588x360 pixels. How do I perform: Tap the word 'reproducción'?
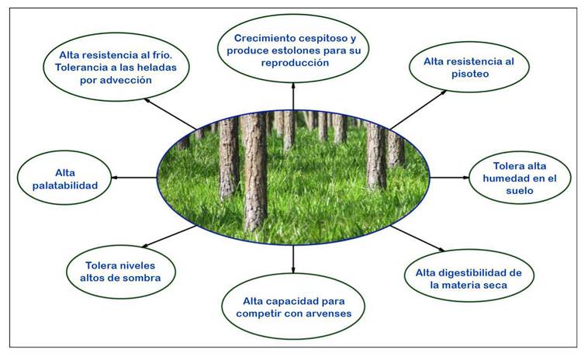point(295,64)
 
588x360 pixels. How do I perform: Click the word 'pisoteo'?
point(470,74)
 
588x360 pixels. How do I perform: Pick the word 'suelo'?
point(520,191)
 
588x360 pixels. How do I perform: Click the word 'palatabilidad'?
point(65,186)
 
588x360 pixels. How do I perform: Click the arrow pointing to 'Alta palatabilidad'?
point(134,178)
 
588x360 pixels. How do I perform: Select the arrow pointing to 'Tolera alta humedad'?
point(449,178)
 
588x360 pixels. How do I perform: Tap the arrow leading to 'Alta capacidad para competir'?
point(293,259)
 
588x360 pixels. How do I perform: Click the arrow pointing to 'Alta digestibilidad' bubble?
point(417,238)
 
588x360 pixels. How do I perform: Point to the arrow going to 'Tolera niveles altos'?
point(169,237)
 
